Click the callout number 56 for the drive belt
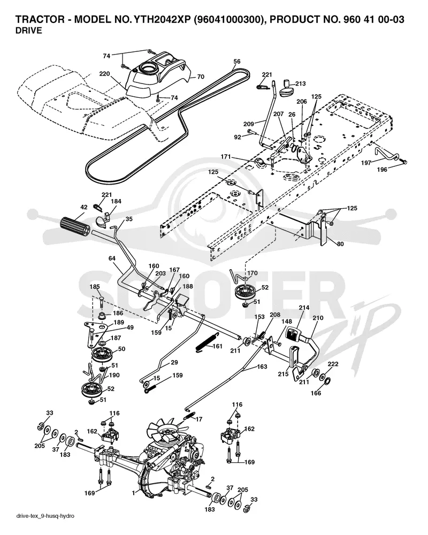237,62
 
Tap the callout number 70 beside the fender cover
201,77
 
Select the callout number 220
104,73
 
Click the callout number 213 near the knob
300,83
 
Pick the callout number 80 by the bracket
340,244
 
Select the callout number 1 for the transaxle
133,493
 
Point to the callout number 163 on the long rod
262,367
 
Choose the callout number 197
366,163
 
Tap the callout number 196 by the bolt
382,170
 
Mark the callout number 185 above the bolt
95,287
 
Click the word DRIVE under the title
29,30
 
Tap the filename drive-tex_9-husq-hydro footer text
45,516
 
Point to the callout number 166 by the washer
316,393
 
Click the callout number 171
226,157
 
